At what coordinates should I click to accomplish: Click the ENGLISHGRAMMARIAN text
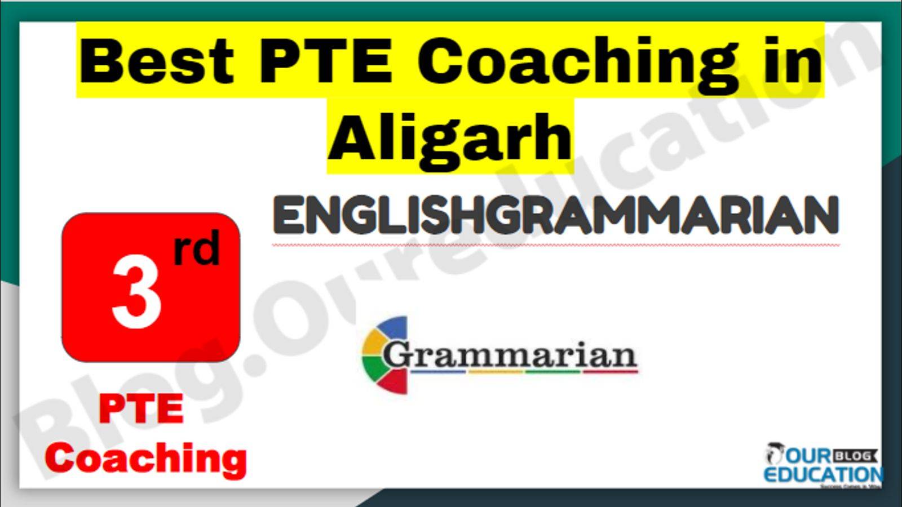tap(556, 216)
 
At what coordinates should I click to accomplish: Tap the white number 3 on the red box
tap(136, 293)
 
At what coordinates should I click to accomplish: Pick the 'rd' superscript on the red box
tap(197, 248)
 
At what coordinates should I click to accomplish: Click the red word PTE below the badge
tap(142, 409)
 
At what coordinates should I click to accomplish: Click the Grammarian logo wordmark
tap(510, 355)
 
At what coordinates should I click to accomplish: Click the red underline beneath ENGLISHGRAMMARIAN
tap(556, 244)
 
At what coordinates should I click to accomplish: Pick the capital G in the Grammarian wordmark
tap(397, 355)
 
